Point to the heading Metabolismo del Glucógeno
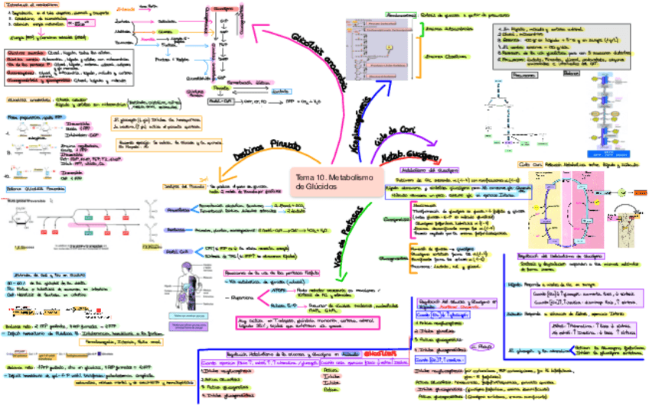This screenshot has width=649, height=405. [x=434, y=170]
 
